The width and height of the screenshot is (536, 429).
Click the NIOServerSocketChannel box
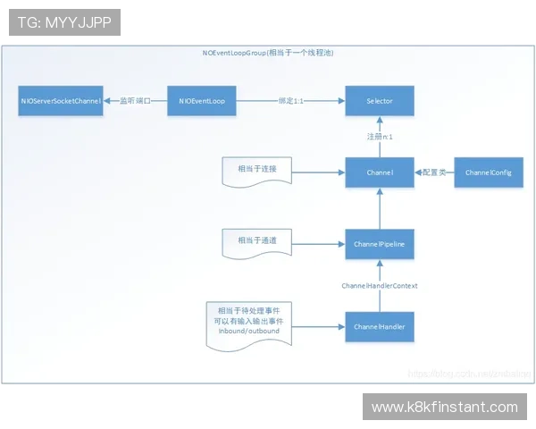pyautogui.click(x=61, y=101)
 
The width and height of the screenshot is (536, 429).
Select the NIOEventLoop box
pyautogui.click(x=202, y=101)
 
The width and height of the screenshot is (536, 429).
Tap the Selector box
pyautogui.click(x=380, y=101)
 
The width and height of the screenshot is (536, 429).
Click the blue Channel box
pyautogui.click(x=380, y=172)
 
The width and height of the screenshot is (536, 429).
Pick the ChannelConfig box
pyautogui.click(x=488, y=172)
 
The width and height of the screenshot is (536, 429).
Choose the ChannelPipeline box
pyautogui.click(x=380, y=243)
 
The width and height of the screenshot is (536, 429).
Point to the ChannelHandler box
pyautogui.click(x=380, y=327)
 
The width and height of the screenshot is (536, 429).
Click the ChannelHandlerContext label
pyautogui.click(x=380, y=285)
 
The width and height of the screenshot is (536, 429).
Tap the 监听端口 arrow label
pyautogui.click(x=135, y=101)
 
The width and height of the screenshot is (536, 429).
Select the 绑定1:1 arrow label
pyautogui.click(x=291, y=101)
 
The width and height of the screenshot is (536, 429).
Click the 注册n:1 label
pyautogui.click(x=380, y=137)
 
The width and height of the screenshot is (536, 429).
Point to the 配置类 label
pyautogui.click(x=434, y=172)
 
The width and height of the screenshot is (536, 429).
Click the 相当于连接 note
pyautogui.click(x=257, y=169)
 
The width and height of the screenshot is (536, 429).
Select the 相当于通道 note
pyautogui.click(x=257, y=240)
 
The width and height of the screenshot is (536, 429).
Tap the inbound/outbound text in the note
pyautogui.click(x=249, y=331)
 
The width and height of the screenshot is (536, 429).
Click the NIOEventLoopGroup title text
pyautogui.click(x=269, y=54)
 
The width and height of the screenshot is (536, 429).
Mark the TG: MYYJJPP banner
pyautogui.click(x=64, y=22)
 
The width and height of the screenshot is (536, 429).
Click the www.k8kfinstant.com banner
pyautogui.click(x=444, y=408)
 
